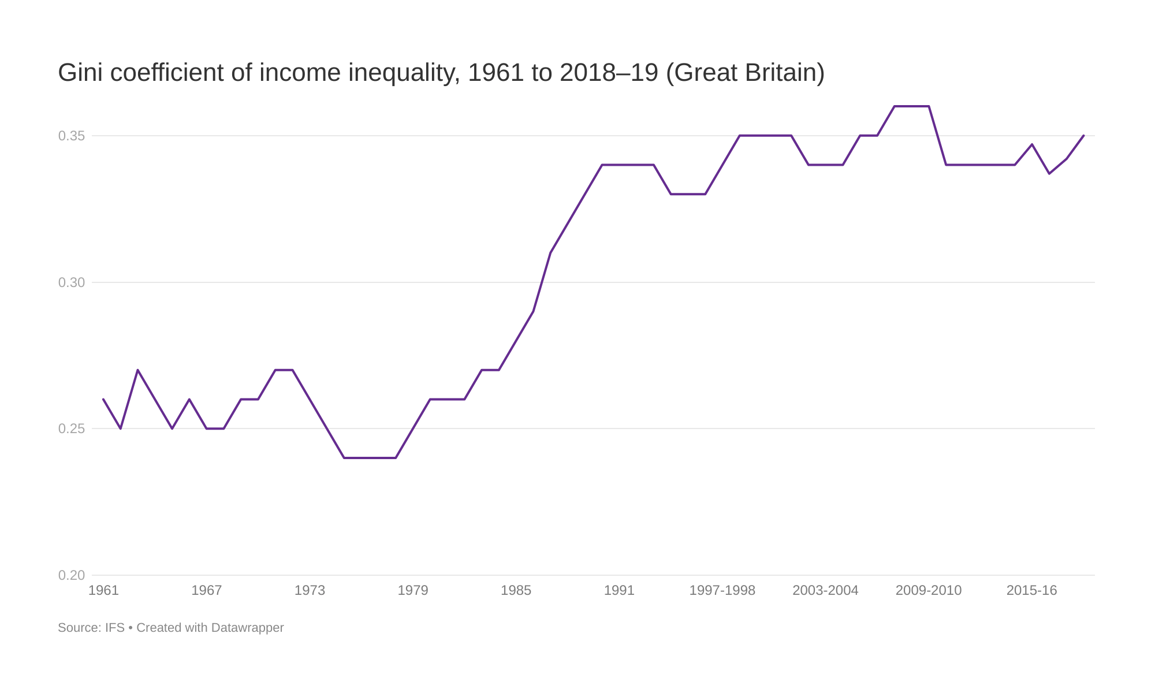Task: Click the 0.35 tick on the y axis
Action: click(x=71, y=136)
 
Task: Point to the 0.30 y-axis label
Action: click(x=71, y=283)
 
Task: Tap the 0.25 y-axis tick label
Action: click(x=71, y=429)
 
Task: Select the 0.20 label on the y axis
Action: click(x=71, y=576)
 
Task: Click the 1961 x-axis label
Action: click(x=103, y=591)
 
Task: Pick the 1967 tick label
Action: click(x=207, y=591)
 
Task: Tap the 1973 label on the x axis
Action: click(x=310, y=591)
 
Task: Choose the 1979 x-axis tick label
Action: click(x=413, y=591)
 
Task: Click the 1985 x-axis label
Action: click(x=516, y=591)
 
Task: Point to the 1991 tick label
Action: click(x=619, y=591)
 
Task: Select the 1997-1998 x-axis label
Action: click(x=722, y=591)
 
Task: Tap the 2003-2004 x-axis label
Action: click(x=825, y=591)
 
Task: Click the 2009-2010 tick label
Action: click(x=929, y=591)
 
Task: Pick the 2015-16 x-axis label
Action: click(x=1031, y=591)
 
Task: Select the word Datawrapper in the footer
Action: click(x=247, y=628)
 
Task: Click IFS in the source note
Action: click(x=114, y=628)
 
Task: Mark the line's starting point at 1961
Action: click(x=103, y=399)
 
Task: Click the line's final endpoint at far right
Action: click(x=1083, y=136)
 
